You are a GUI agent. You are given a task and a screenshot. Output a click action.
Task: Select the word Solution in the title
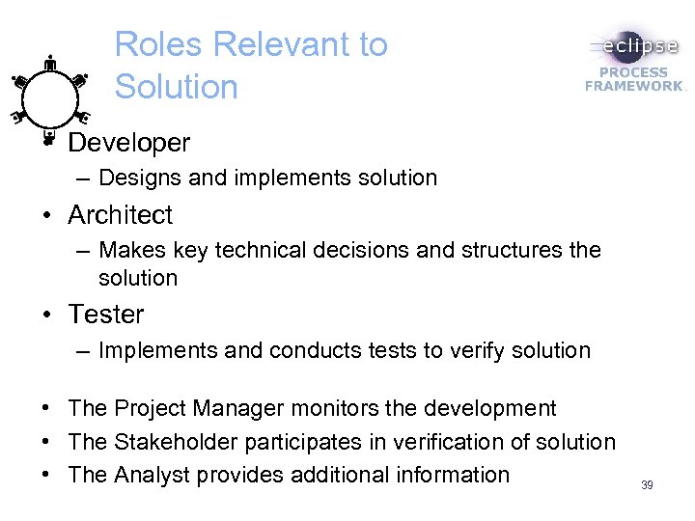pyautogui.click(x=176, y=87)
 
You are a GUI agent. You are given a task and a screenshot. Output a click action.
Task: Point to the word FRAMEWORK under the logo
pyautogui.click(x=633, y=85)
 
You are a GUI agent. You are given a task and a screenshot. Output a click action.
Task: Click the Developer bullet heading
pyautogui.click(x=129, y=143)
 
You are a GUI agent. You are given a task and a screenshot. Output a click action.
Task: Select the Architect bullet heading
pyautogui.click(x=121, y=214)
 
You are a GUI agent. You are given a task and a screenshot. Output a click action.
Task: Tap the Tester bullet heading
pyautogui.click(x=106, y=314)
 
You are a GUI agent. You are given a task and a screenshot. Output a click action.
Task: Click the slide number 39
pyautogui.click(x=647, y=484)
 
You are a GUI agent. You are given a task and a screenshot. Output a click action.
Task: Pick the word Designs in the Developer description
pyautogui.click(x=133, y=178)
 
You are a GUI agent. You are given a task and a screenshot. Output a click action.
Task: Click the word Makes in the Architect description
pyautogui.click(x=130, y=251)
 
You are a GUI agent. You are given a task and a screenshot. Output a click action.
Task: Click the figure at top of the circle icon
pyautogui.click(x=50, y=64)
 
